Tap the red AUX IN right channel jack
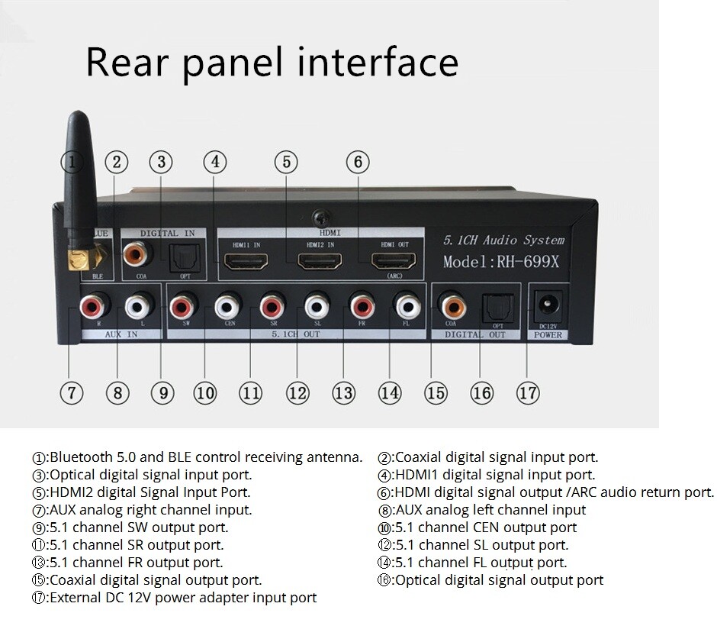pos(92,308)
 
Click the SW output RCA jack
pos(182,308)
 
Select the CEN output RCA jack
pos(227,308)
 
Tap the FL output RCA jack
pos(405,308)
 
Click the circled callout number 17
pos(527,393)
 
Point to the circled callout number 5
pos(286,162)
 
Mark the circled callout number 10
pos(204,393)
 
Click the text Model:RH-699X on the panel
pos(501,261)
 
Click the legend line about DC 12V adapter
pos(175,598)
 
